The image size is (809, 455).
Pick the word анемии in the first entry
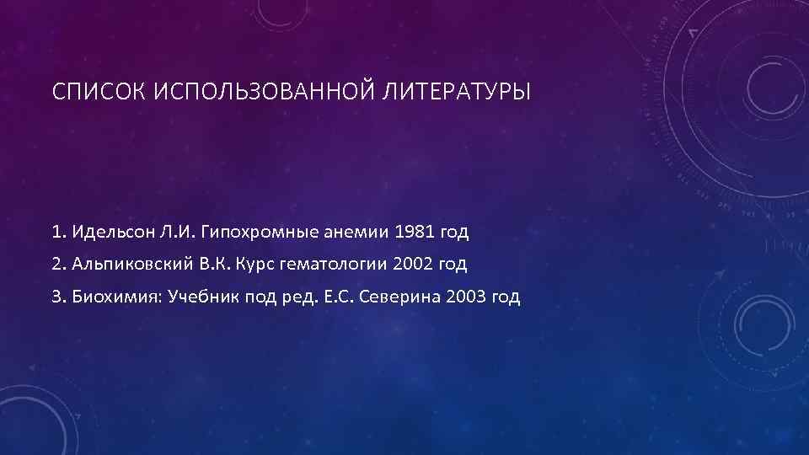(x=355, y=231)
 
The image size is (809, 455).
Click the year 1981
(x=415, y=231)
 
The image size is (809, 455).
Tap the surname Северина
(x=397, y=297)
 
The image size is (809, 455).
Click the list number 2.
(x=56, y=264)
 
